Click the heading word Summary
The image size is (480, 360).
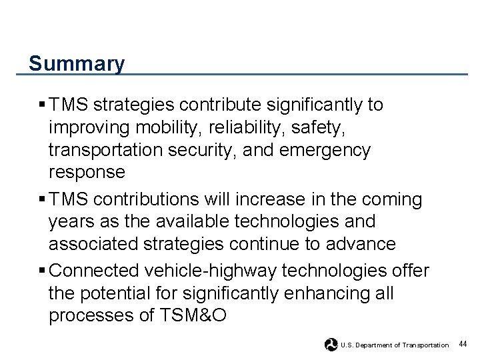click(x=77, y=64)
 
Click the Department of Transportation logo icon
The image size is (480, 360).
click(x=331, y=344)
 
